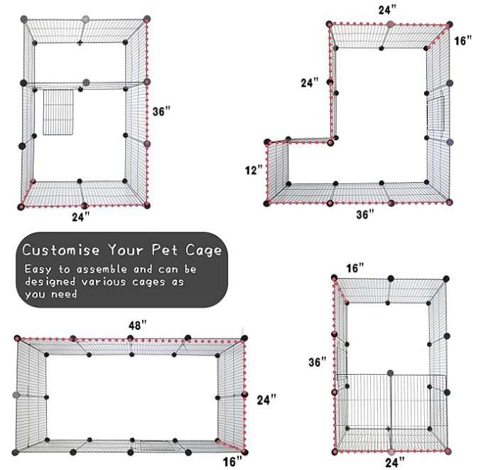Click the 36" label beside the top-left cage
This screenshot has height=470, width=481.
163,112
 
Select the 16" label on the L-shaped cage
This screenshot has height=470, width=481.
463,41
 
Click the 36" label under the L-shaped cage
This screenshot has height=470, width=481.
364,215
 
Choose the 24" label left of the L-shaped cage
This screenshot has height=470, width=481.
310,82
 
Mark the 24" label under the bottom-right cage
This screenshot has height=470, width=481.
392,461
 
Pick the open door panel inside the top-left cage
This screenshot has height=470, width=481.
58,112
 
